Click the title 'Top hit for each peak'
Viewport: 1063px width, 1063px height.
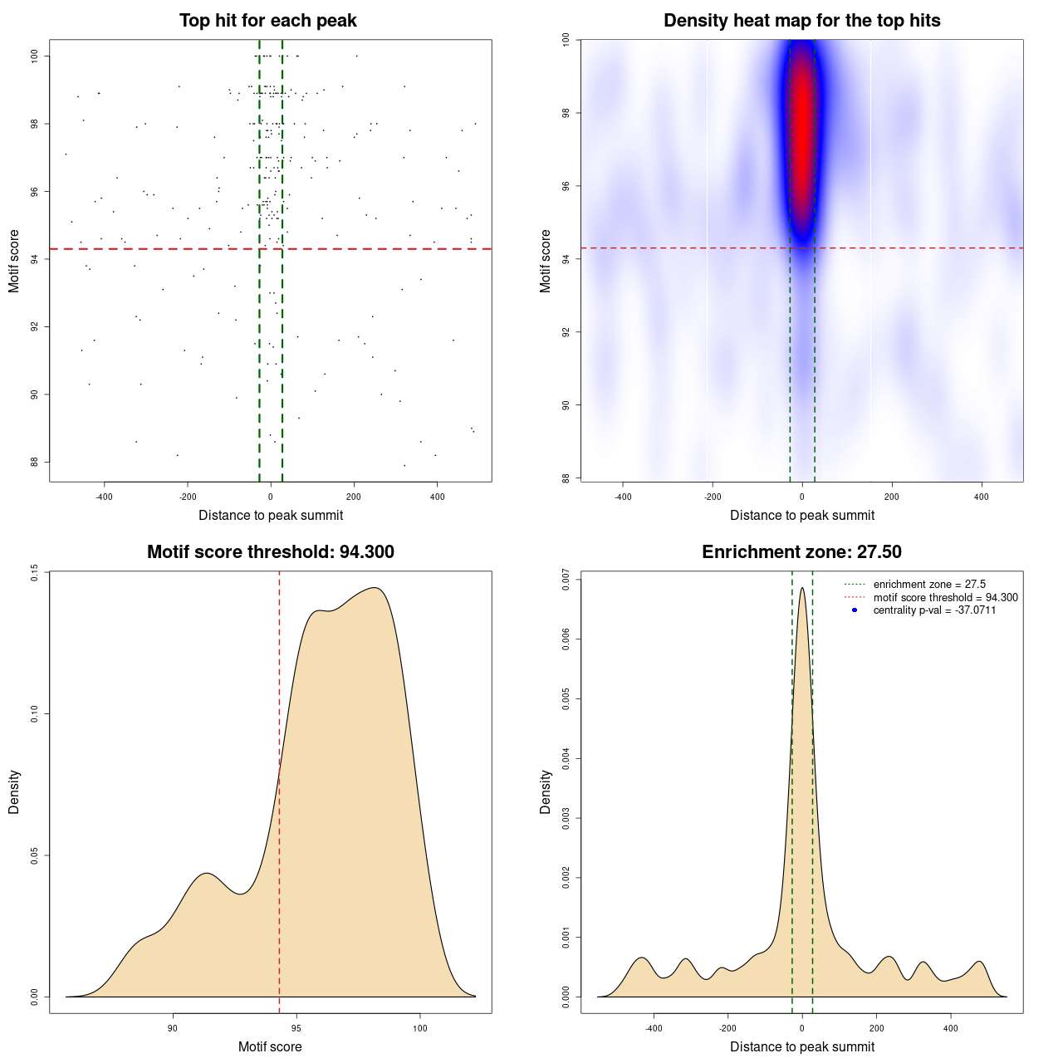(x=267, y=21)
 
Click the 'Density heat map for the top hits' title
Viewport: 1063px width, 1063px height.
(x=801, y=21)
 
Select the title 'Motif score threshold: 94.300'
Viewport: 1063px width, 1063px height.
(x=270, y=552)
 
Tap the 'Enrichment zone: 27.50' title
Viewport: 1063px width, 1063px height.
(x=801, y=552)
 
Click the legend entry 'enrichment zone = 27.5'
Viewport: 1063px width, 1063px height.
(x=929, y=585)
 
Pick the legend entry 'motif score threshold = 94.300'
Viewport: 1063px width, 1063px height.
(x=945, y=597)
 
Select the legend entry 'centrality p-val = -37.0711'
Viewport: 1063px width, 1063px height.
(x=934, y=610)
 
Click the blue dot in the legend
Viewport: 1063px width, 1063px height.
(x=855, y=610)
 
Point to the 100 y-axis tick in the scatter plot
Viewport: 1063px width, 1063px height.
(x=35, y=56)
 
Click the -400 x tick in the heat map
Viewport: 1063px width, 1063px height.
(x=623, y=497)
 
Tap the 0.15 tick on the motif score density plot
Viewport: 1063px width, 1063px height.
(x=35, y=572)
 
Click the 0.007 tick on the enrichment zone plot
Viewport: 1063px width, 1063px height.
(x=566, y=580)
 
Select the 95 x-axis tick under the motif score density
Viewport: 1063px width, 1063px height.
(x=296, y=1028)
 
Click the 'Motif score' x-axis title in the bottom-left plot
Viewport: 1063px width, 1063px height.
(x=270, y=1046)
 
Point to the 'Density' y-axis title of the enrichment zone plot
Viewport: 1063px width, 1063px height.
(x=546, y=791)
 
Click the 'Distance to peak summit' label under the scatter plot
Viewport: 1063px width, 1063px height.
(x=271, y=515)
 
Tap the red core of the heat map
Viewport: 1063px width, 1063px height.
(x=802, y=125)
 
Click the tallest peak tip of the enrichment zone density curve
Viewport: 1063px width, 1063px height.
(x=802, y=589)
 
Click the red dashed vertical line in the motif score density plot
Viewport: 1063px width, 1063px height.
(x=279, y=789)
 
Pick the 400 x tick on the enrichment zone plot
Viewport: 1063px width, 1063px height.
(x=951, y=1028)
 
